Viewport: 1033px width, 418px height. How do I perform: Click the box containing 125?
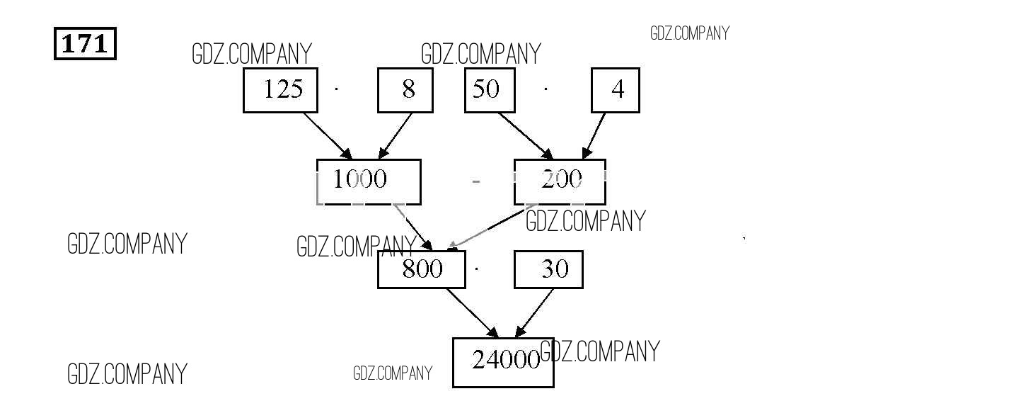pyautogui.click(x=281, y=90)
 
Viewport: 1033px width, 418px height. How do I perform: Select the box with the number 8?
pyautogui.click(x=405, y=90)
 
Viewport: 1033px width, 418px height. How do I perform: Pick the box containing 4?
pyautogui.click(x=616, y=90)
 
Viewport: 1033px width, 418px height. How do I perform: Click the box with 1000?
pyautogui.click(x=368, y=181)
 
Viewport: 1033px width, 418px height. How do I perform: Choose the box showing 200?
pyautogui.click(x=560, y=181)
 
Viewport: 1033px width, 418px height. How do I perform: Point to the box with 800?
pyautogui.click(x=422, y=269)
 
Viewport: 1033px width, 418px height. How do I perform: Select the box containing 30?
pyautogui.click(x=548, y=269)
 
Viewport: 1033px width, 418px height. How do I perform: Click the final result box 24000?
pyautogui.click(x=502, y=362)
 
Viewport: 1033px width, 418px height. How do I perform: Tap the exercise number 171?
pyautogui.click(x=85, y=44)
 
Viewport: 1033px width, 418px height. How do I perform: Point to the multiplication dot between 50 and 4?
pyautogui.click(x=546, y=89)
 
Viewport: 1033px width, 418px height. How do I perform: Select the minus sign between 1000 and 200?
pyautogui.click(x=476, y=182)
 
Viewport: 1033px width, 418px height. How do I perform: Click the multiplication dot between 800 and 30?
pyautogui.click(x=478, y=269)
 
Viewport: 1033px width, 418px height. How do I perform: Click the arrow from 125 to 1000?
pyautogui.click(x=328, y=135)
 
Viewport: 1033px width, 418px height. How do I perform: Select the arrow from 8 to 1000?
pyautogui.click(x=396, y=135)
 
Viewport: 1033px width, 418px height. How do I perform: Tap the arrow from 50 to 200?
pyautogui.click(x=526, y=135)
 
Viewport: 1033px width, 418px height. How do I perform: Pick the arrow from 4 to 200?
pyautogui.click(x=594, y=135)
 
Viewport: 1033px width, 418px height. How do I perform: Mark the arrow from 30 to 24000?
pyautogui.click(x=534, y=312)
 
